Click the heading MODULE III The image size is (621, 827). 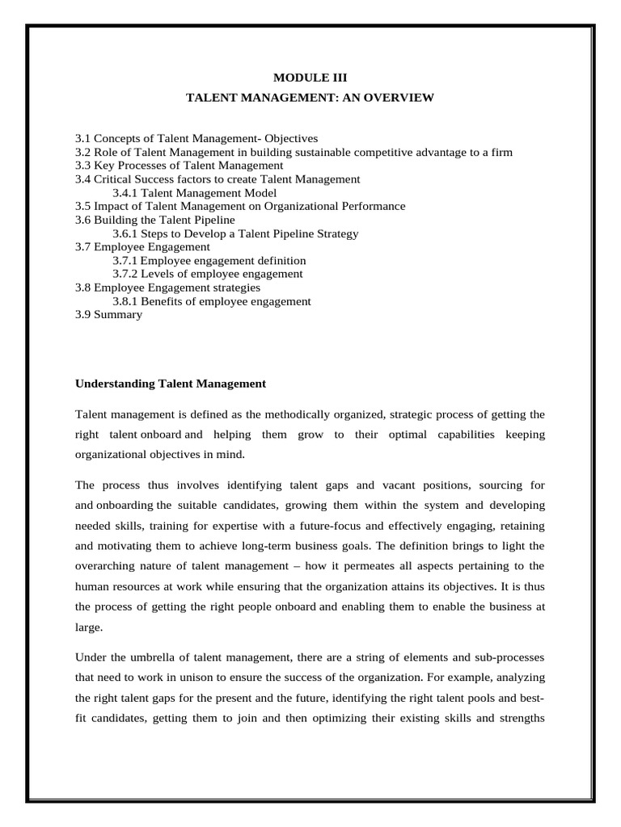click(x=310, y=78)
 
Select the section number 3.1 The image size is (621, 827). click(x=83, y=139)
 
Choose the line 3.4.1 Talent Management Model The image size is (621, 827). click(x=194, y=193)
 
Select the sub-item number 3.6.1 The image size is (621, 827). click(x=126, y=233)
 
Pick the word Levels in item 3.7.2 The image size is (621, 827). click(x=157, y=275)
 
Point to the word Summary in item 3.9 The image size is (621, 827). click(x=118, y=315)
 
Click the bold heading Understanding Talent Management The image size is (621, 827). click(x=171, y=384)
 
